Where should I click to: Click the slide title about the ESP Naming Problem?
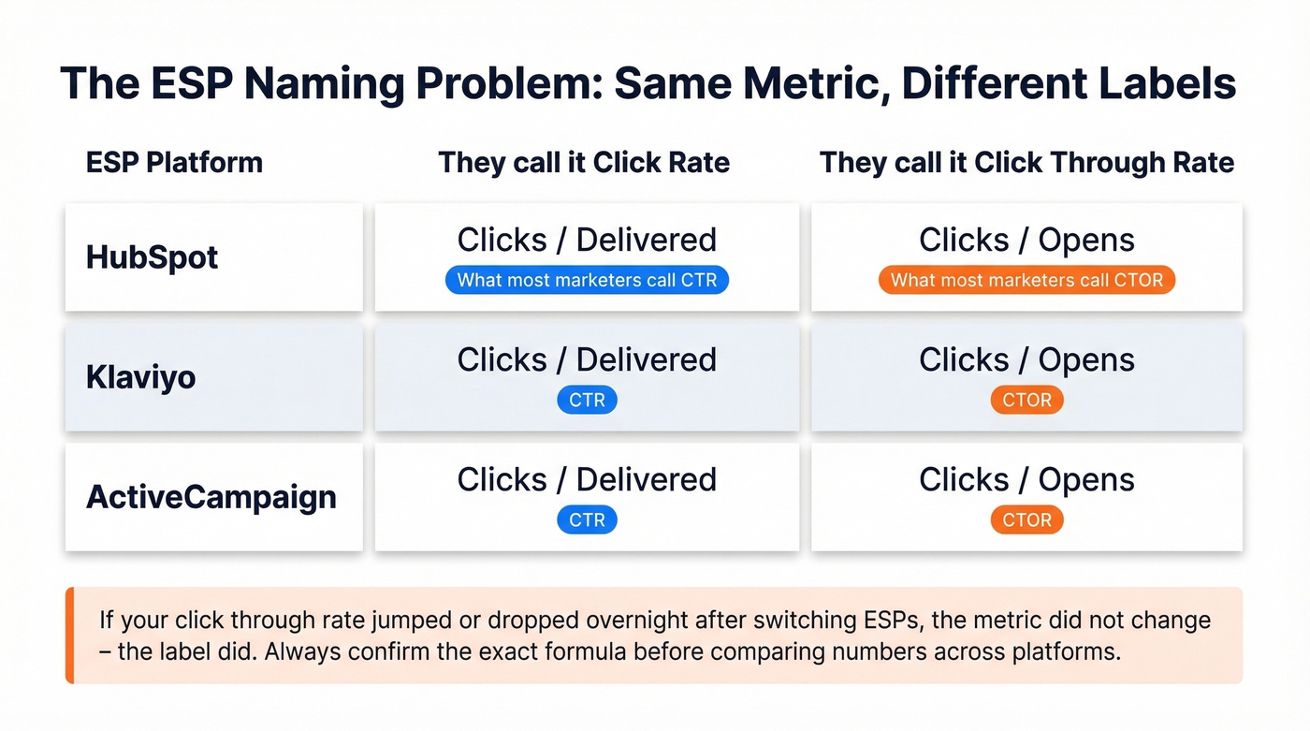[648, 83]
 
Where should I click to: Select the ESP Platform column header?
[174, 162]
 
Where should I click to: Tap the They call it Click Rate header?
[584, 162]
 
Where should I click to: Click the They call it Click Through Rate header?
[1026, 162]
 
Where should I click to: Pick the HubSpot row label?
[152, 257]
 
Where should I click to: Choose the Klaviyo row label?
[140, 377]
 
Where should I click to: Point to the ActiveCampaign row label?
[211, 496]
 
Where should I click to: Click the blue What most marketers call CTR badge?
[587, 280]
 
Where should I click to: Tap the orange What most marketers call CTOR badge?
[1026, 280]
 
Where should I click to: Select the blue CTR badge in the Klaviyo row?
[587, 400]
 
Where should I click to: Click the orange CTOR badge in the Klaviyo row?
[1026, 400]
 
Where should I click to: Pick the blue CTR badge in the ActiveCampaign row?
[587, 519]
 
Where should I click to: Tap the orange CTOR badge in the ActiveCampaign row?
[1026, 519]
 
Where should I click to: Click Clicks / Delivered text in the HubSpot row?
[587, 240]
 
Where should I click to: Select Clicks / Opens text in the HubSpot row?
[1026, 240]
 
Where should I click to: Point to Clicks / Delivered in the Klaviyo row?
[587, 359]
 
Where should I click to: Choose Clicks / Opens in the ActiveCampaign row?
[1026, 479]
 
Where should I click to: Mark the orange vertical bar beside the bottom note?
[69, 636]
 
